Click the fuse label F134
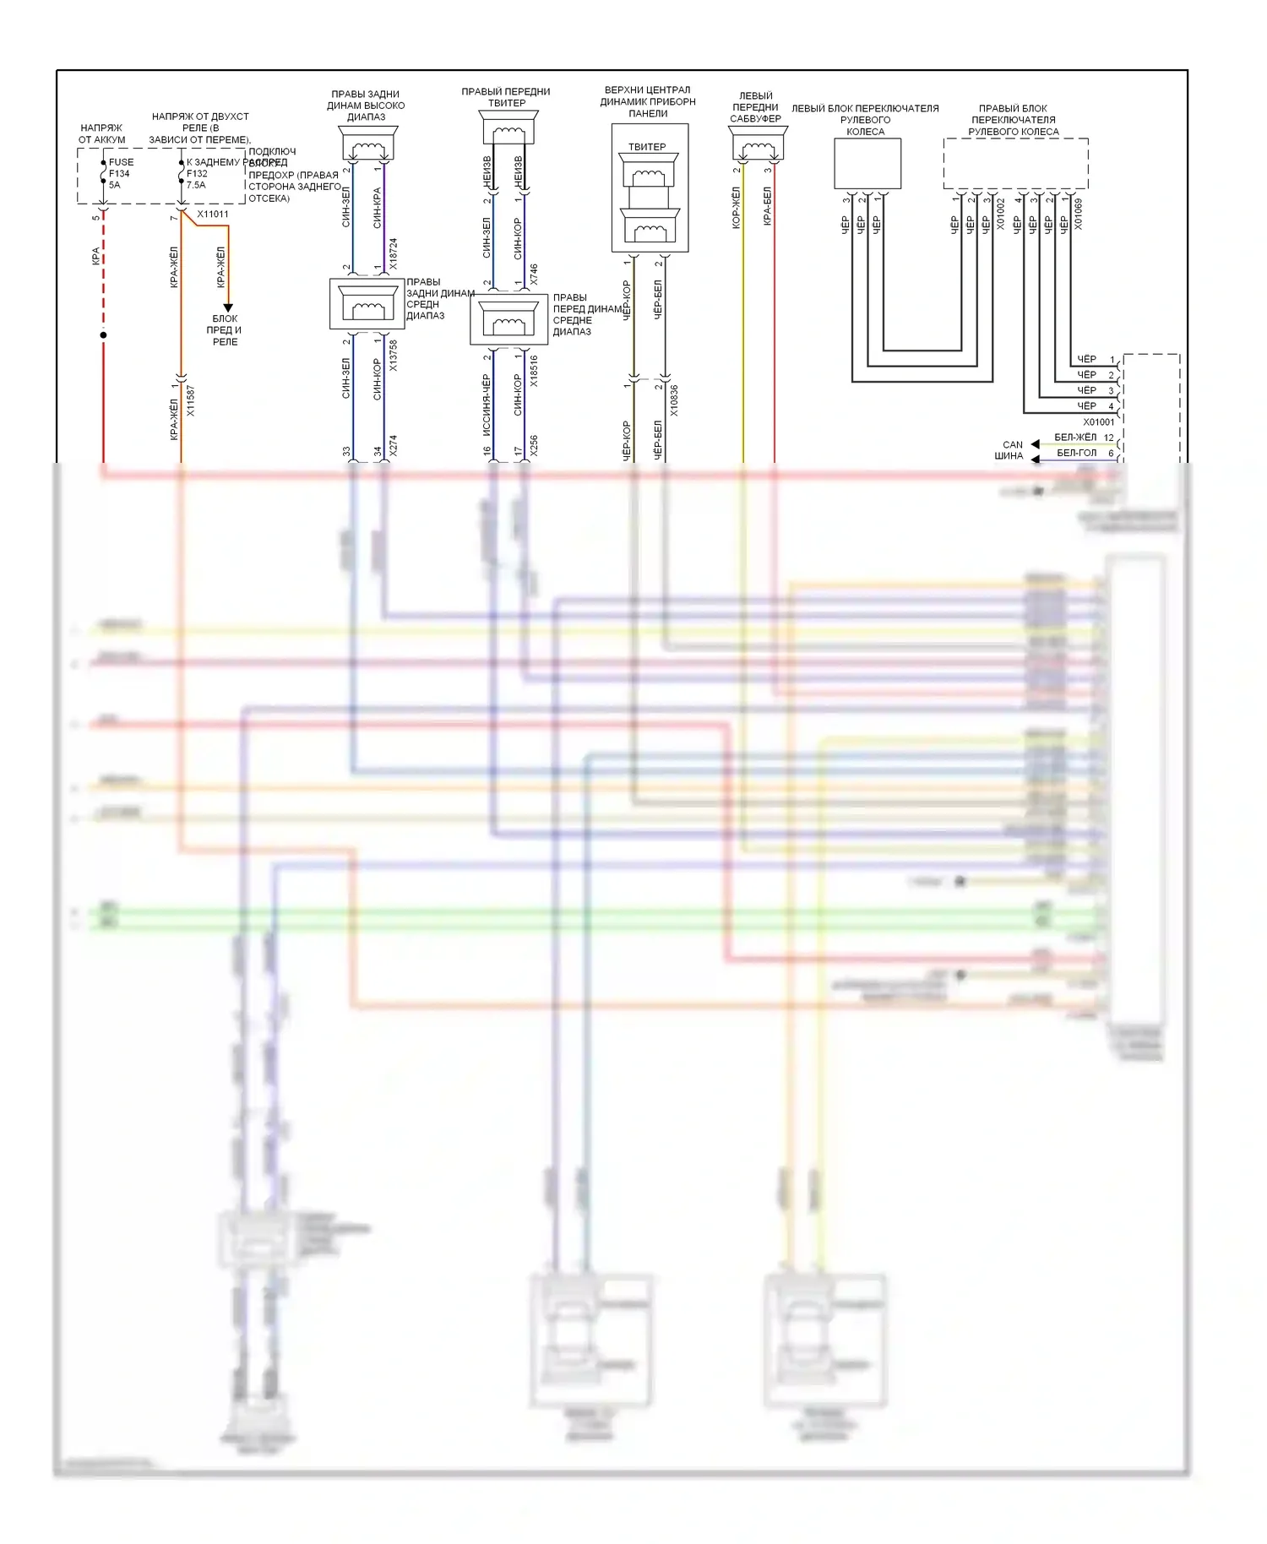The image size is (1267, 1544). pos(119,173)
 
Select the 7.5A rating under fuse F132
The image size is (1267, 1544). pos(196,185)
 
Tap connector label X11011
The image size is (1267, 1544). pos(213,214)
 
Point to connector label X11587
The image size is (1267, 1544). pos(191,401)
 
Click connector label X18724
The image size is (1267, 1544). pos(394,254)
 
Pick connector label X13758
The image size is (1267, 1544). pos(394,356)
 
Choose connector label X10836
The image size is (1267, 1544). pos(674,400)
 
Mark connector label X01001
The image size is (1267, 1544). pos(1099,421)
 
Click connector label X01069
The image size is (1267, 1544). pos(1079,215)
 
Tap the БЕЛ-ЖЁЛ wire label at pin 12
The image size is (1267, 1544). pos(1075,437)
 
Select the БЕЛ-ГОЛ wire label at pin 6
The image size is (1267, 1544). pos(1077,453)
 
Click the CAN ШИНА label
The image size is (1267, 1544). pos(1010,450)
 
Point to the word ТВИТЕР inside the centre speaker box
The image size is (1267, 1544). pos(647,147)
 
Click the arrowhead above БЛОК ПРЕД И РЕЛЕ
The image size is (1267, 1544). pos(227,308)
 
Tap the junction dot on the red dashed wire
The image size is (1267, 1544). pos(103,335)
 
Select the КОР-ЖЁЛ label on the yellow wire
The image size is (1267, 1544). pos(737,208)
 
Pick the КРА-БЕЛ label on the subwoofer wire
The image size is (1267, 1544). pos(768,206)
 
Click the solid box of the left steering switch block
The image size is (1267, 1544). pos(867,164)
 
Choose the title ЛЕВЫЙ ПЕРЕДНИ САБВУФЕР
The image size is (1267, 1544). pos(755,107)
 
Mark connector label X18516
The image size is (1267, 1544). pos(535,371)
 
